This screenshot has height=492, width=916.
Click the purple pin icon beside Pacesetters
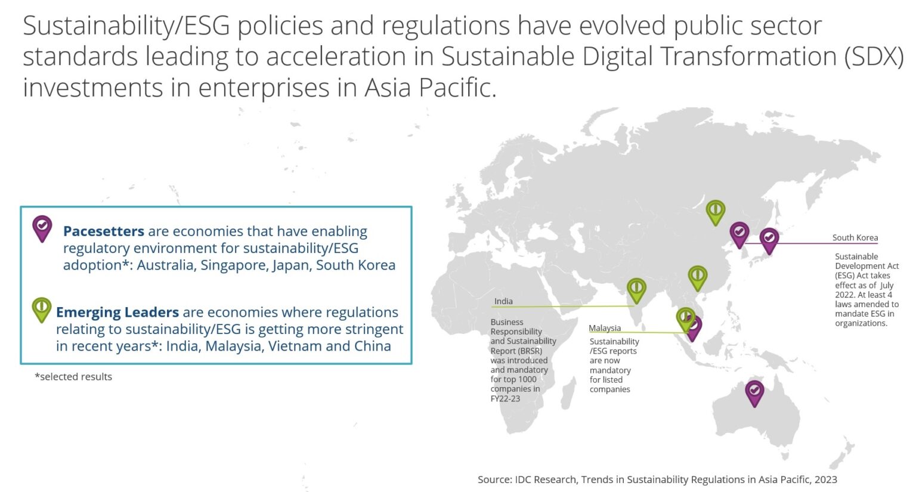tap(42, 227)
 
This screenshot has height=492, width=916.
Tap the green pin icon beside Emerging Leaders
tap(41, 309)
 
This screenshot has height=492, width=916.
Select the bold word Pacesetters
tap(104, 231)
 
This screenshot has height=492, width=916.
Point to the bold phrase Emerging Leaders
tap(117, 312)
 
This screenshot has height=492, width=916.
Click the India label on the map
tap(503, 301)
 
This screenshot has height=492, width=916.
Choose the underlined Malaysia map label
tap(605, 328)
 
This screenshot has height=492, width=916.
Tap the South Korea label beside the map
tap(855, 237)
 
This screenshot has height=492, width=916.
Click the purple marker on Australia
tap(754, 392)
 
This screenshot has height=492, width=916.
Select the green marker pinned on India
tap(636, 289)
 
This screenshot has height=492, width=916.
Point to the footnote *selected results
tap(73, 377)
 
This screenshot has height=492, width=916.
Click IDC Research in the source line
tap(546, 479)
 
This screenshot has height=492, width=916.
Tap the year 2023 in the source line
tap(825, 479)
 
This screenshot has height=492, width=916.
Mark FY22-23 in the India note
tap(505, 398)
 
